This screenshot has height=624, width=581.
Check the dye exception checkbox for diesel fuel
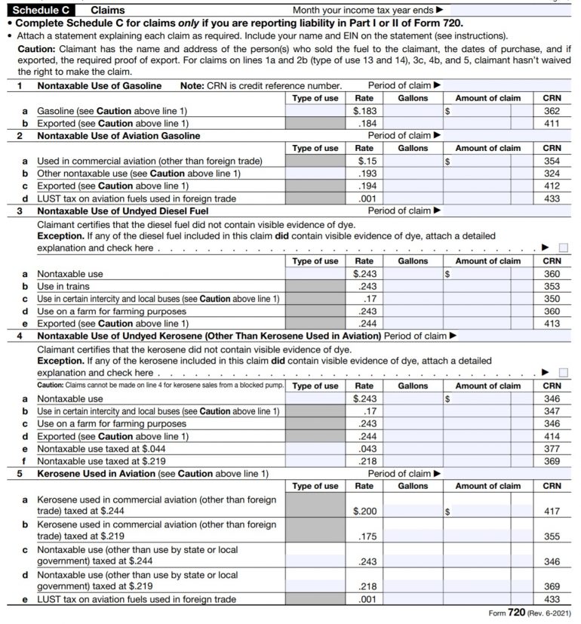point(564,247)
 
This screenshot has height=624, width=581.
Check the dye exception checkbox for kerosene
point(564,372)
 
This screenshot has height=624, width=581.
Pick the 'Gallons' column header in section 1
point(413,98)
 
